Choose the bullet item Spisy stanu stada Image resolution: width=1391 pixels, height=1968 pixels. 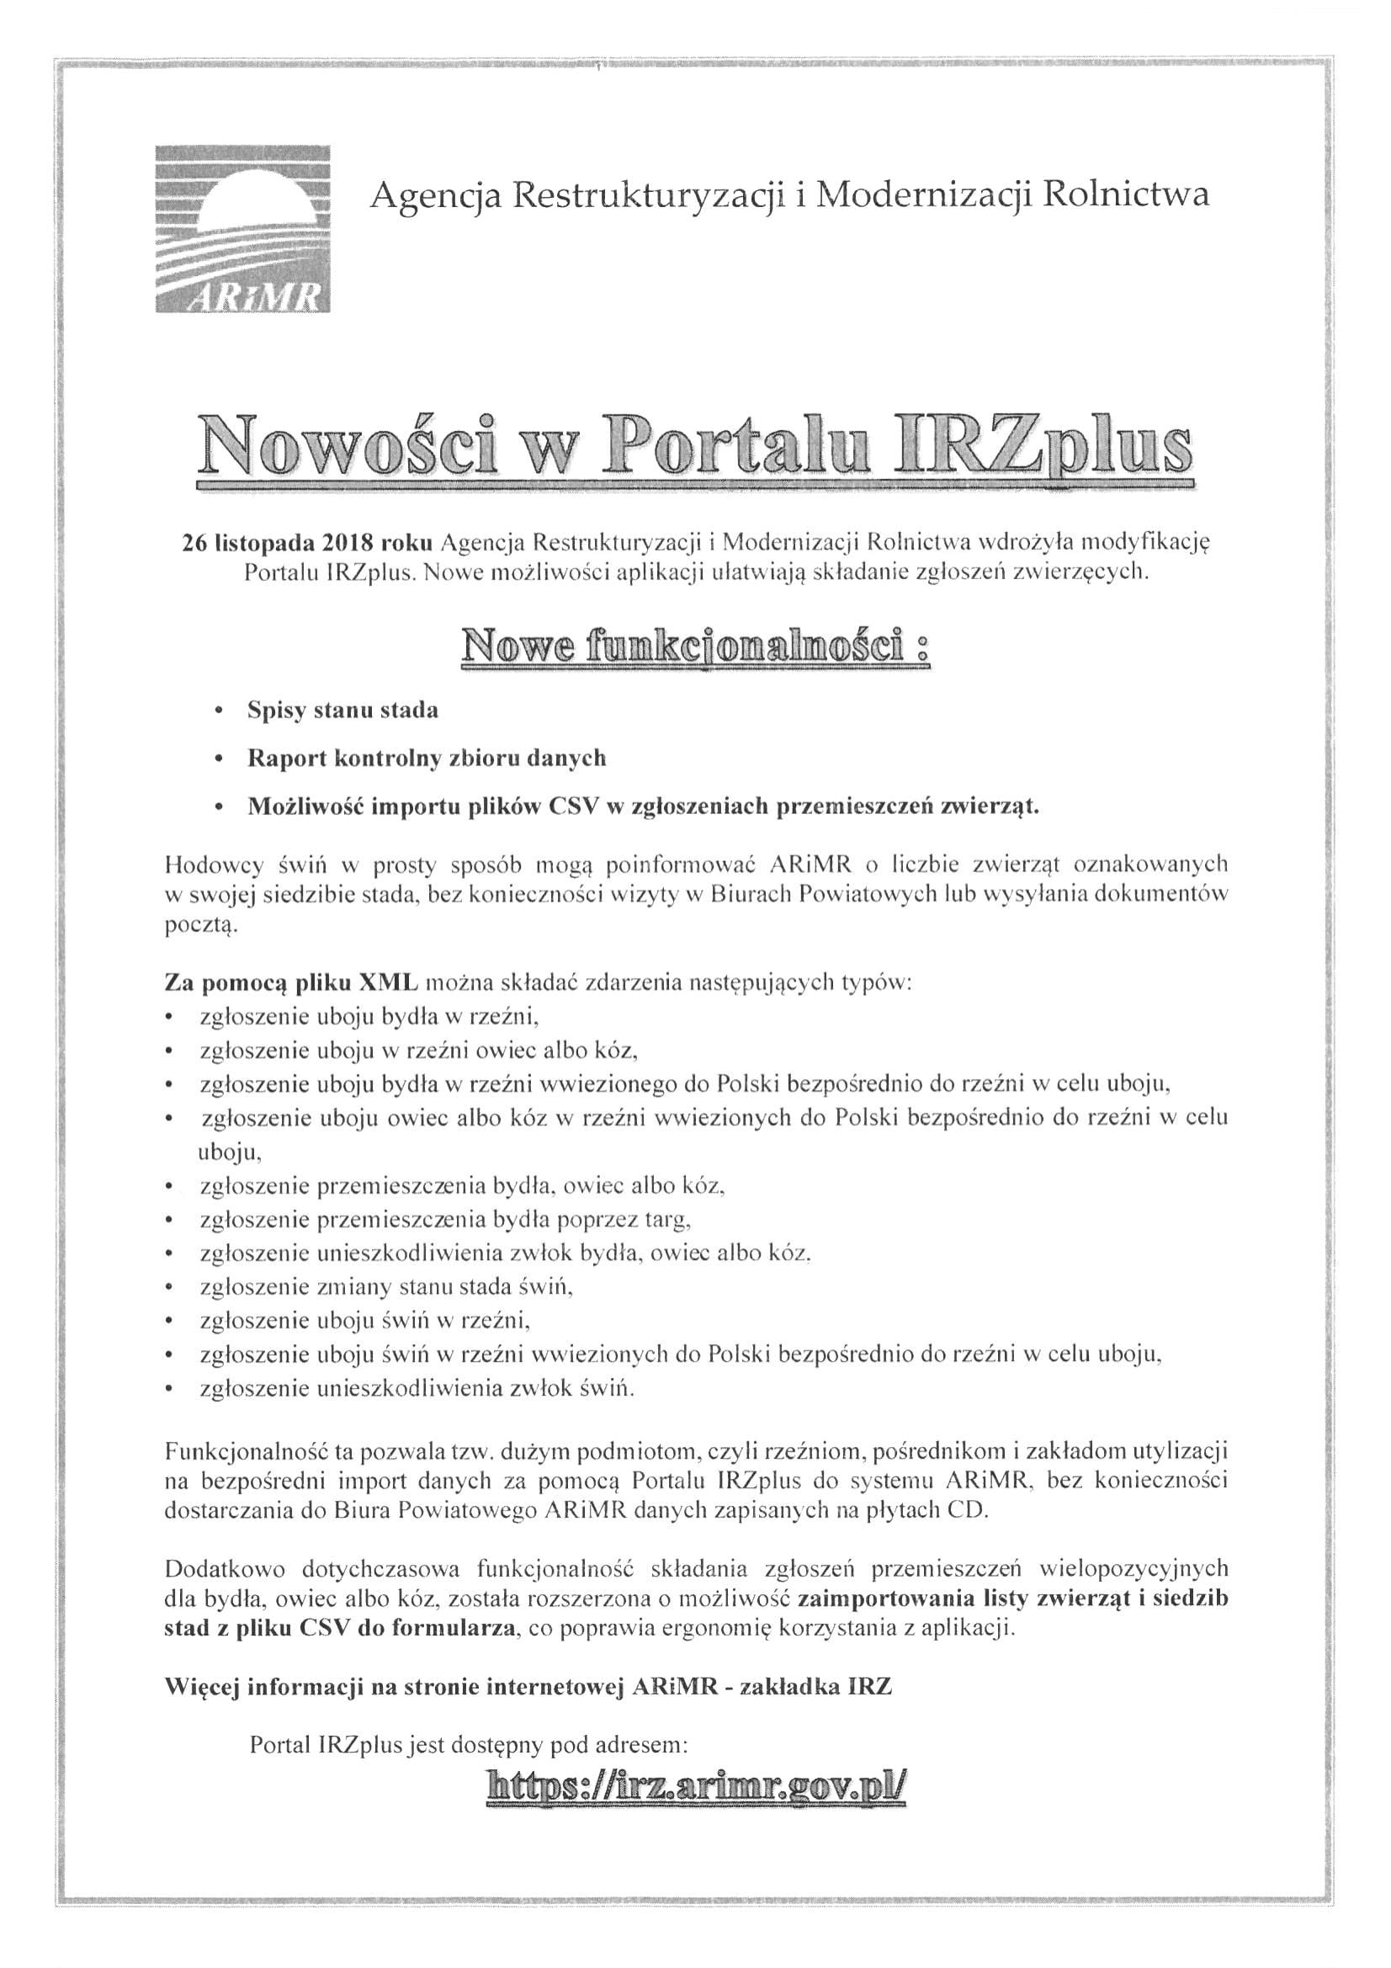click(342, 710)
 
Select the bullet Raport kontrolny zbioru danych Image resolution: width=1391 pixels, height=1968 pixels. click(426, 758)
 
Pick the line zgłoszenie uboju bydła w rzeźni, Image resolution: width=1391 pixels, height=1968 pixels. click(369, 1017)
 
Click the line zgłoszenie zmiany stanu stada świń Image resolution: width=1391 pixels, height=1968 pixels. click(385, 1287)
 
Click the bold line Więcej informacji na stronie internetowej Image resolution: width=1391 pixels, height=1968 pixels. click(528, 1687)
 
